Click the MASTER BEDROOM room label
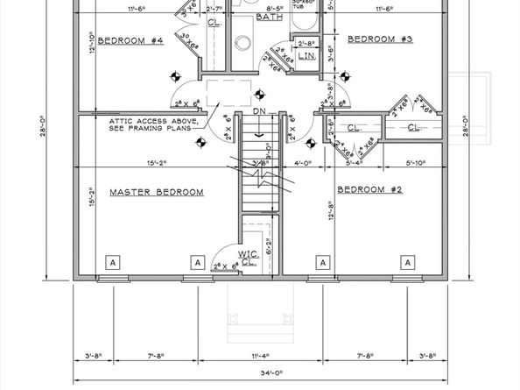click(x=156, y=192)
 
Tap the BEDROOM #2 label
click(x=369, y=190)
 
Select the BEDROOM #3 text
click(x=381, y=39)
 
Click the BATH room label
click(x=269, y=18)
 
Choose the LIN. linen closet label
click(x=306, y=55)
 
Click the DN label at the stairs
click(x=257, y=112)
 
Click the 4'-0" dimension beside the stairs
click(x=304, y=162)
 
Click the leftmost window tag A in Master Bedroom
click(x=112, y=261)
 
